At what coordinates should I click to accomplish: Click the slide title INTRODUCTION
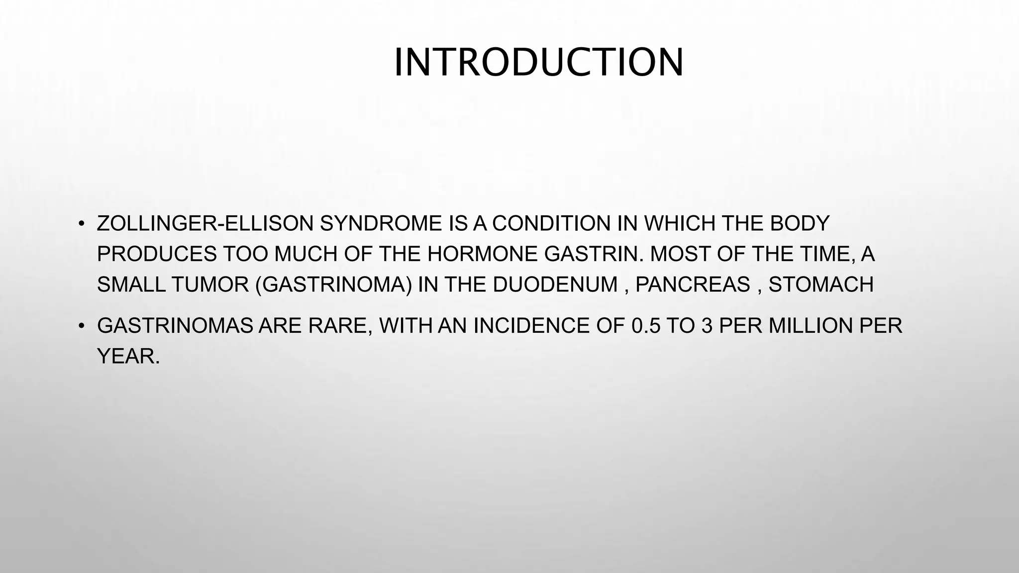(x=539, y=63)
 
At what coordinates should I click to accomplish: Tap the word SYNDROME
(x=381, y=224)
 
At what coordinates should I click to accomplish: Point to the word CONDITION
(x=551, y=224)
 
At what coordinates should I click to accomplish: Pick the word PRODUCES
(x=157, y=255)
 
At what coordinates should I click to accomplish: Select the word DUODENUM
(x=555, y=285)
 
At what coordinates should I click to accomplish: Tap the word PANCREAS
(x=693, y=285)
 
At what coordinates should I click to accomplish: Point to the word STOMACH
(x=821, y=285)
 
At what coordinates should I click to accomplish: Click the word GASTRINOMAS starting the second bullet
(x=175, y=326)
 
